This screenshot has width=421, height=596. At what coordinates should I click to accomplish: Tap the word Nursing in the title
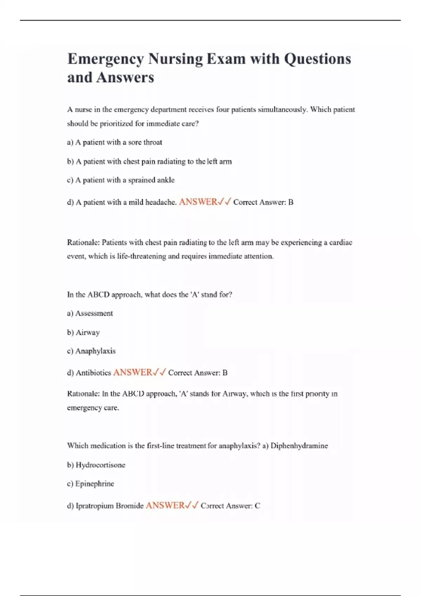tap(175, 59)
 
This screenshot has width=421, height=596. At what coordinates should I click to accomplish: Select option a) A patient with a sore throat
tap(114, 142)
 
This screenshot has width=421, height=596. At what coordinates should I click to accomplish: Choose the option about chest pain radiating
tap(149, 162)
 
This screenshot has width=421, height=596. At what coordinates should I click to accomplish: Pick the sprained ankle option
tap(121, 180)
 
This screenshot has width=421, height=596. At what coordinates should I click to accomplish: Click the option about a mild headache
tap(121, 202)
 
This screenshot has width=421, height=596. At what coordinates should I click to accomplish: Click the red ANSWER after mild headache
tap(198, 202)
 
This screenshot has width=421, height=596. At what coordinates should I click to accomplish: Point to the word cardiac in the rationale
tap(340, 243)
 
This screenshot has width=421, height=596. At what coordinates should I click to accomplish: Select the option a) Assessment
tap(90, 313)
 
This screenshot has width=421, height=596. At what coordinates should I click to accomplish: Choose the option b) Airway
tap(83, 332)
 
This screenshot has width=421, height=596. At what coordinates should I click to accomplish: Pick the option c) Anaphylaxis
tap(91, 351)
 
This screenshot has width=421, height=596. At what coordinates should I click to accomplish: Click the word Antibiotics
tap(93, 373)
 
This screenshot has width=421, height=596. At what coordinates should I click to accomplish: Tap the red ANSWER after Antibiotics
tap(133, 373)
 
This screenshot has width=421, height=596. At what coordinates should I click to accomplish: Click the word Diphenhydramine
tap(299, 446)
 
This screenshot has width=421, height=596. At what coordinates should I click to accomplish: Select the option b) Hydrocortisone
tap(96, 465)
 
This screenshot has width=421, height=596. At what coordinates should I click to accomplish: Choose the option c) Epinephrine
tap(91, 484)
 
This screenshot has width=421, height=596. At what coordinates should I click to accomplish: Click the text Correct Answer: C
tap(230, 506)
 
